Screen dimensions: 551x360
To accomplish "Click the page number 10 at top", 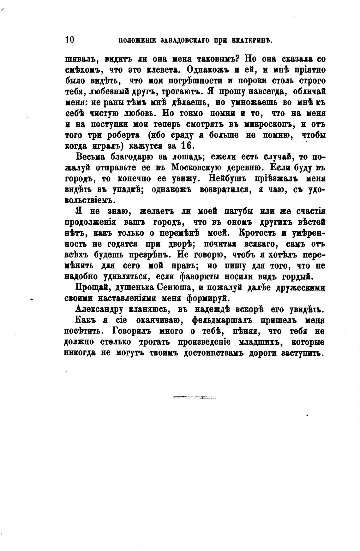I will click(69, 39).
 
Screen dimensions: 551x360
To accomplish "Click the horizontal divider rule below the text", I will click(194, 397).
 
